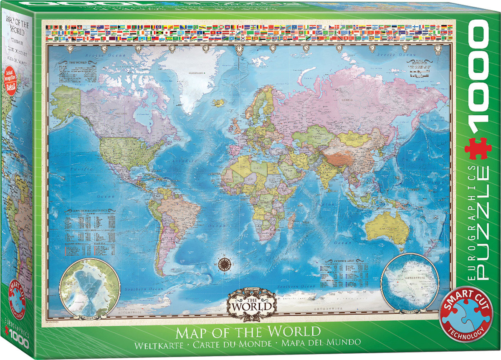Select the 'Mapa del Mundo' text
(x=316, y=342)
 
